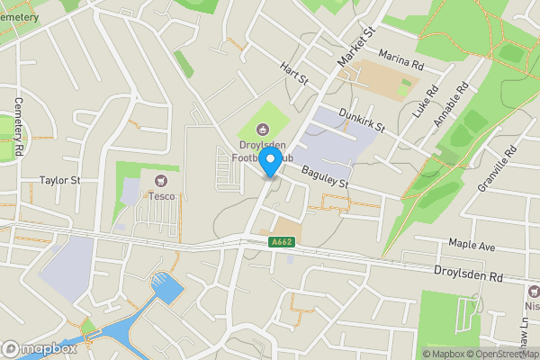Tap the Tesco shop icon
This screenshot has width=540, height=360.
coord(162,180)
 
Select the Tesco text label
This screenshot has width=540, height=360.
coord(162,195)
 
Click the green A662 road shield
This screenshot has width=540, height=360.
coord(280,242)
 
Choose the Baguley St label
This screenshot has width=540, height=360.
coord(324,177)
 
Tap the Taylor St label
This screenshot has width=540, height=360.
coord(60,180)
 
